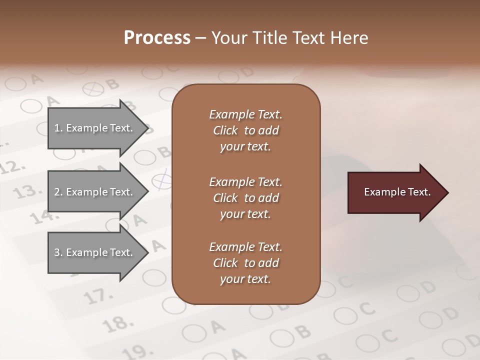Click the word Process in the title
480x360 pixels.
[x=157, y=38]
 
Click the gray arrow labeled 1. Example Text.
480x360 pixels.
[x=95, y=128]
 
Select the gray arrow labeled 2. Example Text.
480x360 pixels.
[x=95, y=192]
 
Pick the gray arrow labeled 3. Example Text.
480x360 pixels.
[x=95, y=252]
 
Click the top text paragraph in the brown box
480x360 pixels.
[x=245, y=130]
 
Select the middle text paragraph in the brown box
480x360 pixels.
[x=245, y=198]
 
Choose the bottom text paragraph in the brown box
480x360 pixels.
[x=245, y=263]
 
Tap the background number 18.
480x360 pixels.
[x=116, y=324]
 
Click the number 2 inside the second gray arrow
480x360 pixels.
[x=57, y=192]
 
